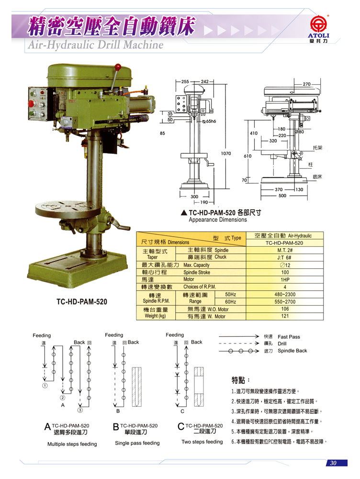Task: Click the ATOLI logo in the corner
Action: [319, 29]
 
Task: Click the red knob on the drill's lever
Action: [118, 66]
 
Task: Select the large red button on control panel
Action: [32, 103]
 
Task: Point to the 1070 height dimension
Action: [226, 153]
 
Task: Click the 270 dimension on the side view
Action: [306, 84]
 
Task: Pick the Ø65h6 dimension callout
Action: [209, 121]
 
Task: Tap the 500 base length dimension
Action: [282, 195]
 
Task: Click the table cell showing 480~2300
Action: [284, 295]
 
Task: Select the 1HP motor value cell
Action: [284, 280]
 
